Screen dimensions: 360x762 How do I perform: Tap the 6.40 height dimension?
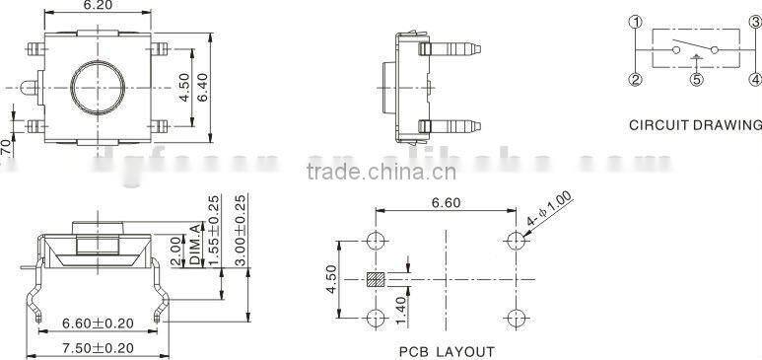point(203,88)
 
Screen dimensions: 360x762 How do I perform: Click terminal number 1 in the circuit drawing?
point(636,22)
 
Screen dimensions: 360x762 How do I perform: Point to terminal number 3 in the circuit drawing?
point(754,22)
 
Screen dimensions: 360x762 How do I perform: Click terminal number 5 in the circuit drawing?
point(696,81)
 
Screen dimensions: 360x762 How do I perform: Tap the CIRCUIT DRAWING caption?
point(695,125)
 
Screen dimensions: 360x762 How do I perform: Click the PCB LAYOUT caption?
point(447,351)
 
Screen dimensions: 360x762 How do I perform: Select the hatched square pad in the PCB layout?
point(376,279)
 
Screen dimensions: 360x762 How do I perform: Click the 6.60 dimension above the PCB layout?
point(446,203)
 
